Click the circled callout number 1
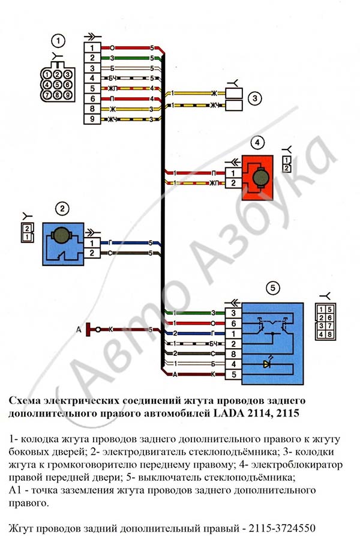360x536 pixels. (x=58, y=41)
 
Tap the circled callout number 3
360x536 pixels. (x=255, y=99)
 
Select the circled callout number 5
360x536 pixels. (x=272, y=288)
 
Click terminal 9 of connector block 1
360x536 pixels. (x=92, y=119)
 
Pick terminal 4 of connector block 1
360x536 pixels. (x=92, y=78)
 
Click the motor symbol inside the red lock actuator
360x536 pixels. (x=260, y=178)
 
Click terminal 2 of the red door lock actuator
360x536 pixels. (x=233, y=183)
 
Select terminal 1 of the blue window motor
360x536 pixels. (x=92, y=243)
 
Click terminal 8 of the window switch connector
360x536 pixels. (x=233, y=354)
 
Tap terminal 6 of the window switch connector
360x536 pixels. (x=233, y=324)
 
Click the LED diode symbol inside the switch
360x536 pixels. (x=268, y=364)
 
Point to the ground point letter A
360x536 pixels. (x=79, y=330)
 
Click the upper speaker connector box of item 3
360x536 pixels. (x=234, y=93)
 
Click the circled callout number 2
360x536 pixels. (x=62, y=208)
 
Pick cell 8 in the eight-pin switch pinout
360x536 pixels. (x=329, y=334)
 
